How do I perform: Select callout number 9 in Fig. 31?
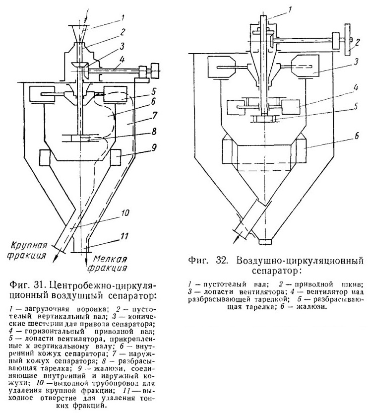click(153, 147)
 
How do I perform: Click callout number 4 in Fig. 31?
click(121, 59)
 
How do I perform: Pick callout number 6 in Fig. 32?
click(357, 136)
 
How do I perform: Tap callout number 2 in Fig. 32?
click(358, 43)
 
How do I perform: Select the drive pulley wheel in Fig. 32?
click(347, 40)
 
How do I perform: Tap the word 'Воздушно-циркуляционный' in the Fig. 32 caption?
click(300, 261)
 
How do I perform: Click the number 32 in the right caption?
click(221, 260)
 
